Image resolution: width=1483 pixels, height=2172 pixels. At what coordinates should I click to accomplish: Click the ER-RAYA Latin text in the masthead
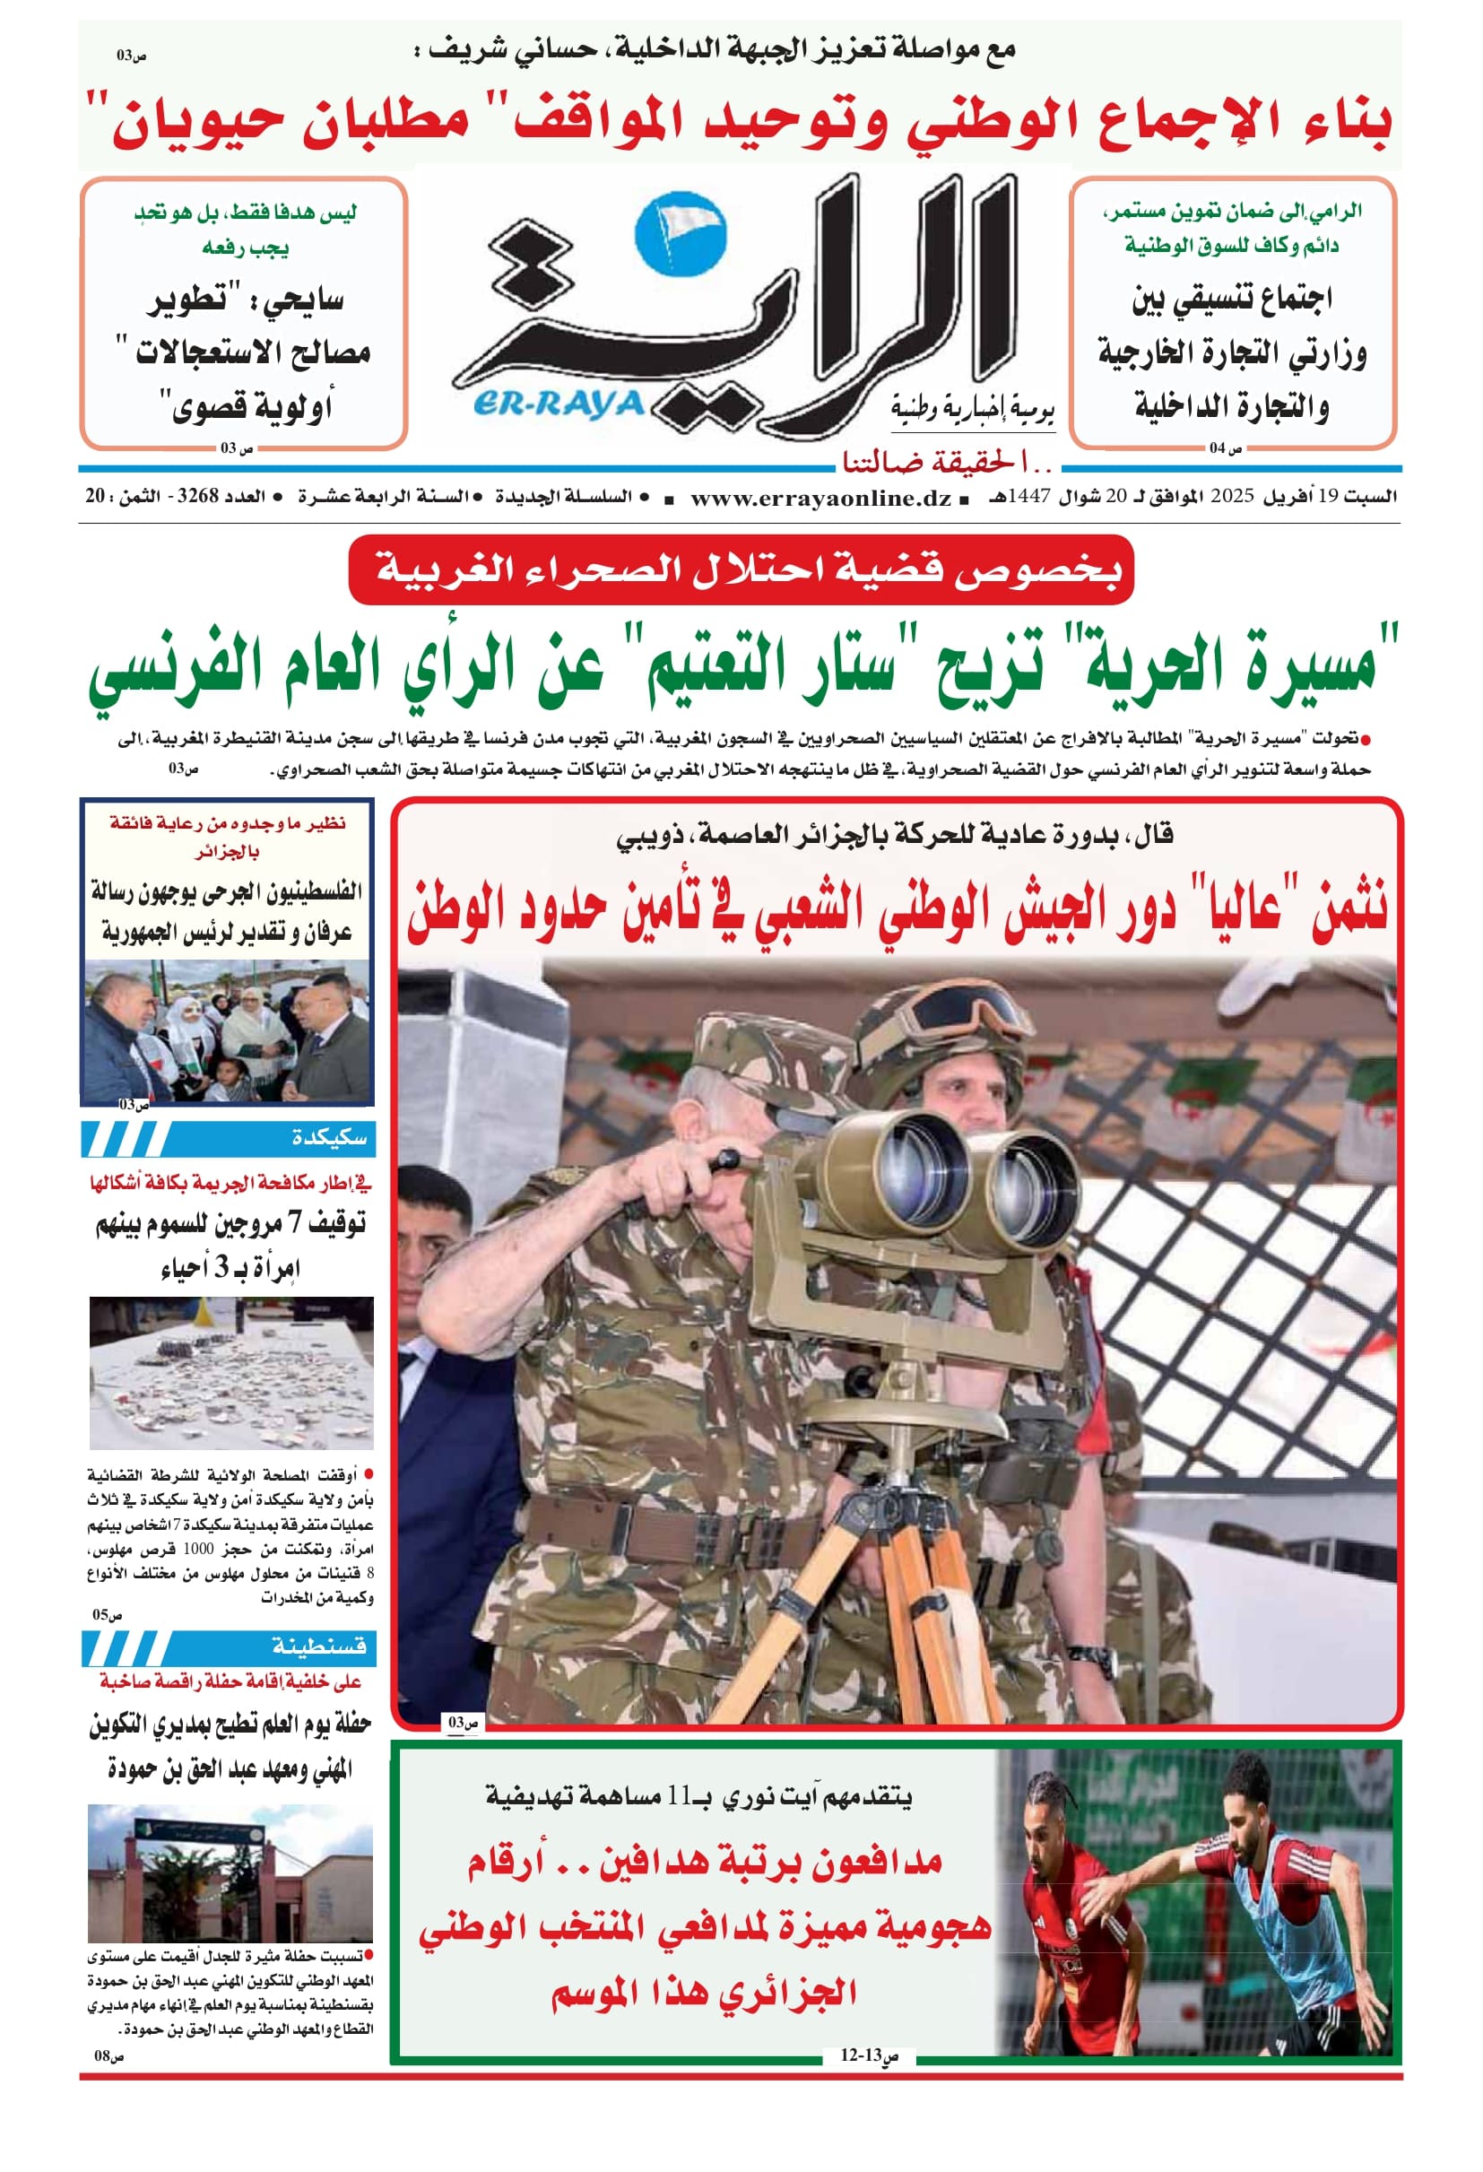[559, 404]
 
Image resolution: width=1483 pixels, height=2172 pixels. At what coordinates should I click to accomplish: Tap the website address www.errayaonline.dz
[820, 497]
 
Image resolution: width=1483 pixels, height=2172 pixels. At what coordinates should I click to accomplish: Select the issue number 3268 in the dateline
[197, 496]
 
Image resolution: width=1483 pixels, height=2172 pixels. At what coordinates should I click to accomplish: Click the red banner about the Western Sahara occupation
[740, 569]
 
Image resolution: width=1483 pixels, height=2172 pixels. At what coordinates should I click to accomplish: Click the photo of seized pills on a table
[230, 1372]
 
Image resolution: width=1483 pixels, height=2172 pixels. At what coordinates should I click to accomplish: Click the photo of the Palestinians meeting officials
[227, 1029]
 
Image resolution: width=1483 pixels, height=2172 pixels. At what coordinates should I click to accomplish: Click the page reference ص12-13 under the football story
[868, 2055]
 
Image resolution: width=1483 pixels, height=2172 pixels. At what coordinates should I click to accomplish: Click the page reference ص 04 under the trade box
[1225, 448]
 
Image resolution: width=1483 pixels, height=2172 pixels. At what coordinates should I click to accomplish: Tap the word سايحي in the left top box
[304, 301]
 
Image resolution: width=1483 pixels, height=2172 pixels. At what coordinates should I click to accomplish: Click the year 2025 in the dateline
[1232, 496]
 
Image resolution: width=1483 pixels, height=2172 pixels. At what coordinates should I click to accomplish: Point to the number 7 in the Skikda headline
[294, 1223]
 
